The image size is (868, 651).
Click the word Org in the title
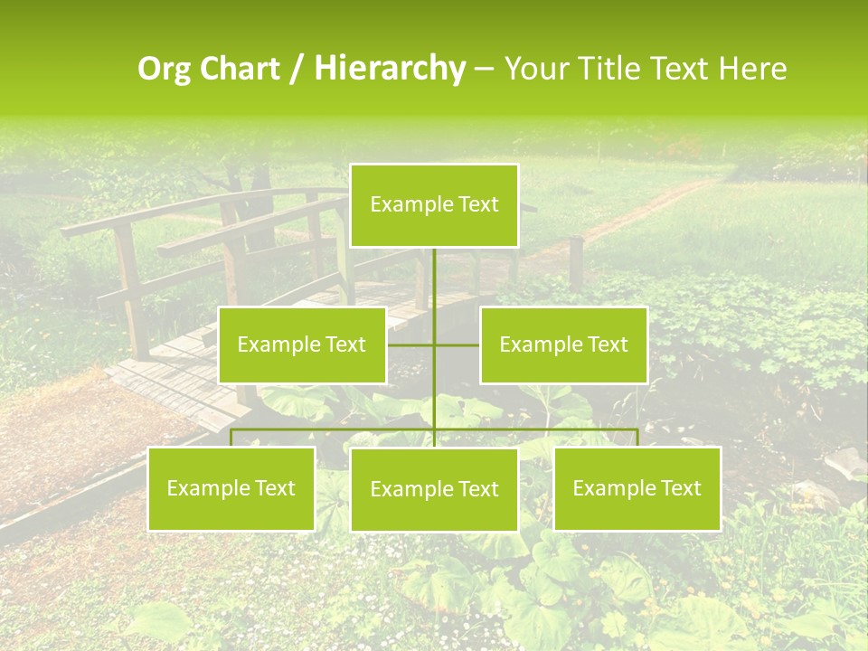coord(165,69)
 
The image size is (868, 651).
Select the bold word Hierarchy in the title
coord(389,69)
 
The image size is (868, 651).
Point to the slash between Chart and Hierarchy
coord(297,69)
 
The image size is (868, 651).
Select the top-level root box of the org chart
coord(434,205)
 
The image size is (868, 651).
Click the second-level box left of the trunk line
coord(302,344)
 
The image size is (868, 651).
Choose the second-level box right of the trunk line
coord(563,344)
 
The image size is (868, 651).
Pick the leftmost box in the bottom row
coord(231,488)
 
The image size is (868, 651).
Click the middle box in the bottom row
coord(434,489)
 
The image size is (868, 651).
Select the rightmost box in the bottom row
coord(637,488)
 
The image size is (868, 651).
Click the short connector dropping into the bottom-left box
coord(231,438)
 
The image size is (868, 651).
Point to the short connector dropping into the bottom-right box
coord(637,438)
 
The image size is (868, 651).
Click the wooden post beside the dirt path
coord(575,262)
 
